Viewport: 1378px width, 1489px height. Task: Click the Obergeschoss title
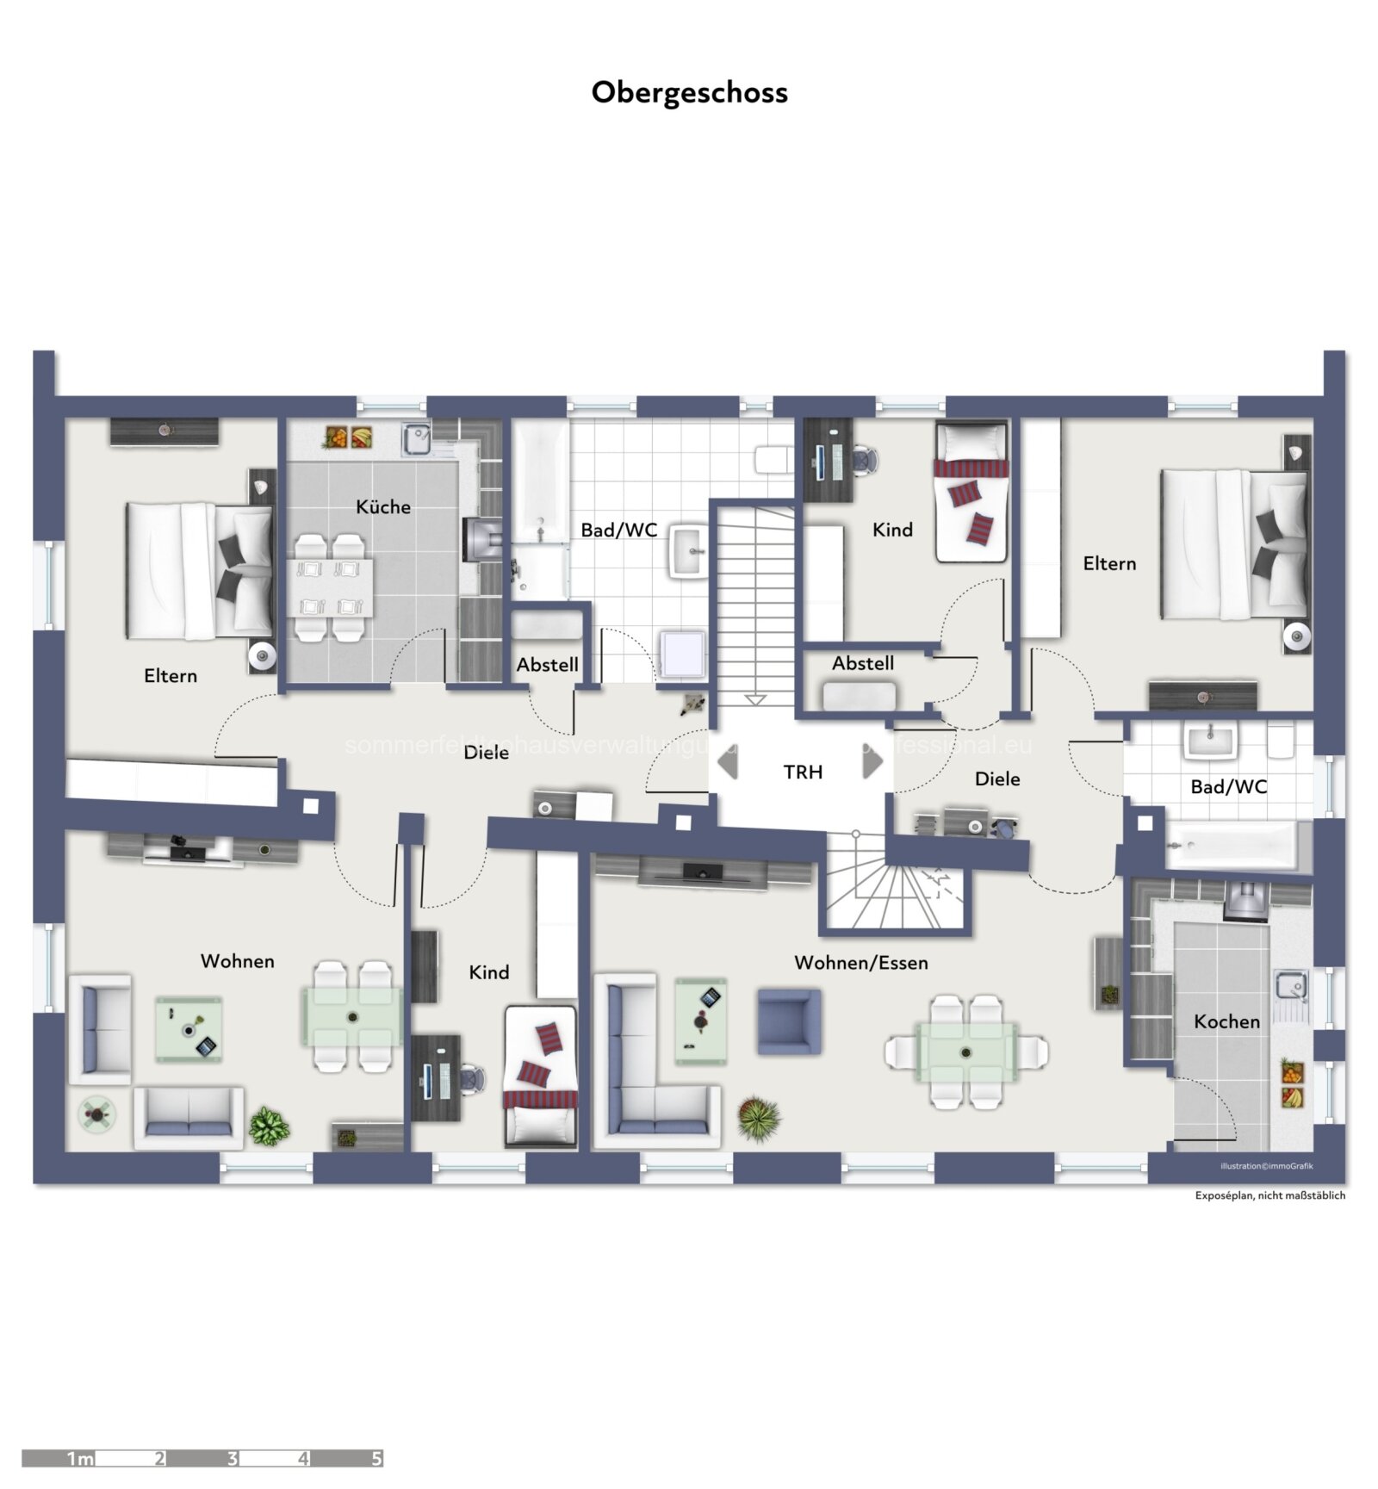coord(689,92)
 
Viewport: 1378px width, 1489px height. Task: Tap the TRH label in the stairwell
coord(803,772)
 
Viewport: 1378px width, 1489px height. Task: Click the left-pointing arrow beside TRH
coord(729,761)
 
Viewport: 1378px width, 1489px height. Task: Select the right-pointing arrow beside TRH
coord(872,761)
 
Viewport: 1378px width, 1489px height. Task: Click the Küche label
coord(383,506)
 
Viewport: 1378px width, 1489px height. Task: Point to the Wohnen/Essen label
coord(860,963)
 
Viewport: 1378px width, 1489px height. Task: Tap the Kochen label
coord(1226,1021)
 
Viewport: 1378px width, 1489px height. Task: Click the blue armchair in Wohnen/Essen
coord(789,1021)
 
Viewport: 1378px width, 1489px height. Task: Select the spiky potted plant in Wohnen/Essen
coord(759,1118)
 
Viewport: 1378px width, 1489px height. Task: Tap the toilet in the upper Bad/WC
coord(773,459)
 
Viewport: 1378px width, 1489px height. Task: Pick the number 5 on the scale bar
coord(376,1458)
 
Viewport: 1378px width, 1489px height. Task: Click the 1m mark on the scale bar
coord(79,1458)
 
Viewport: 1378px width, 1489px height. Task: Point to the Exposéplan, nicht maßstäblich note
coord(1269,1194)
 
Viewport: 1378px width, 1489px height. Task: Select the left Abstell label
coord(547,665)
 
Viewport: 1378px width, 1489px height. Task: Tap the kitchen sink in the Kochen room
coord(1292,984)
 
